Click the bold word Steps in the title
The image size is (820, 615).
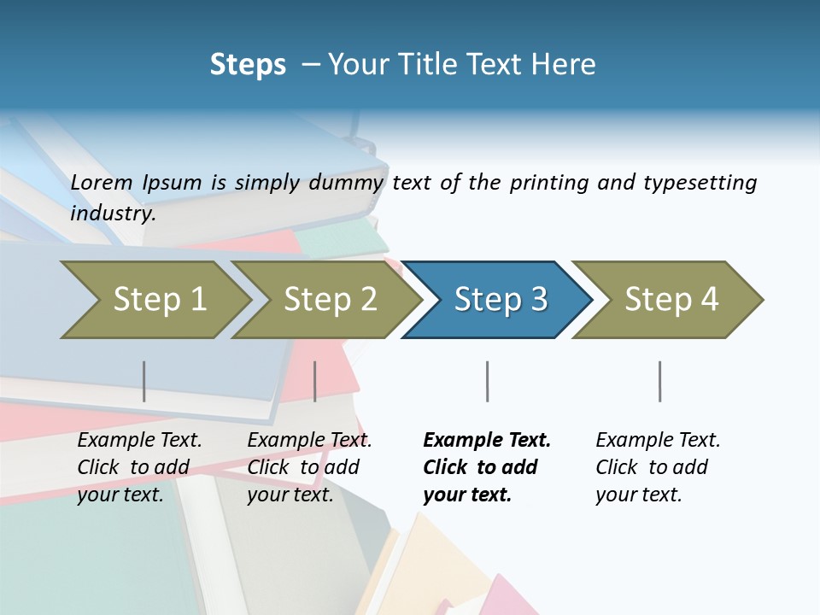248,65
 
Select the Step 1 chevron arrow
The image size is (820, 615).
154,299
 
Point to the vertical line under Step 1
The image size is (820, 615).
144,381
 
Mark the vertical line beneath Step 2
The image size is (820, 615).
315,381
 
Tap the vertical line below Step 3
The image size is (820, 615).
487,381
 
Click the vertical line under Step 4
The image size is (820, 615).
659,381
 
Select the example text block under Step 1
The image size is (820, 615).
139,467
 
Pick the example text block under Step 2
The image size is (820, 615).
309,467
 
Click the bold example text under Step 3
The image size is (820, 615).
487,467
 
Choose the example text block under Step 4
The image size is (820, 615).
658,467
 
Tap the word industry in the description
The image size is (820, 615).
112,214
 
